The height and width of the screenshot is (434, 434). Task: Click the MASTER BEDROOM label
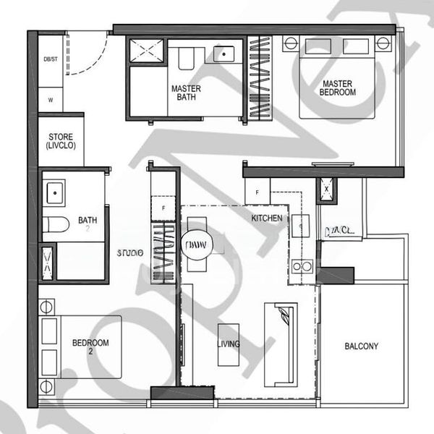(x=338, y=88)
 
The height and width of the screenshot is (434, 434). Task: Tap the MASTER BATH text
(x=186, y=94)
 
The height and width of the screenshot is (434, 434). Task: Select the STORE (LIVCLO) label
(x=61, y=141)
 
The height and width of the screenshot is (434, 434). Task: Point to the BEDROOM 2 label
(x=90, y=347)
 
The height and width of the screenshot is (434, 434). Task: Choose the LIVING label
(x=229, y=344)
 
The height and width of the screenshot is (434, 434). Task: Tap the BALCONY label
(x=360, y=346)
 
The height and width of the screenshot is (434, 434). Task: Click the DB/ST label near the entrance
(x=50, y=59)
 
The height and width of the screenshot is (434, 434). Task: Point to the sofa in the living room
(x=281, y=344)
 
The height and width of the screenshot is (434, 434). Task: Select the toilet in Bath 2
(x=55, y=224)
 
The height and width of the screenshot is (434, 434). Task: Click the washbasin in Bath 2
(x=55, y=192)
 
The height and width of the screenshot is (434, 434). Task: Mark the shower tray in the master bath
(x=148, y=51)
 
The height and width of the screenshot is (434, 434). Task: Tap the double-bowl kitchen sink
(x=302, y=266)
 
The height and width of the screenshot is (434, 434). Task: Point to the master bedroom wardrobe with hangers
(x=258, y=77)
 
